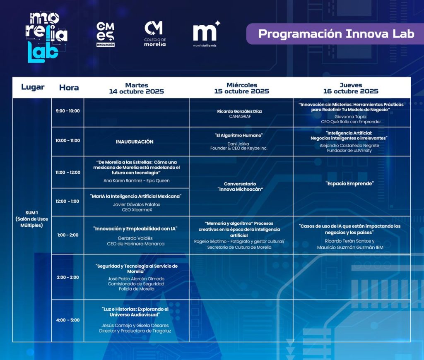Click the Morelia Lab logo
click(46, 37)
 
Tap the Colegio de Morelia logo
click(155, 34)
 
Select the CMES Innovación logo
click(106, 34)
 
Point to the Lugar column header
click(33, 87)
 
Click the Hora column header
click(69, 88)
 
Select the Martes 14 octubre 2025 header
click(137, 88)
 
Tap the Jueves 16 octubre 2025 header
click(351, 88)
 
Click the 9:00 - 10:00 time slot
click(67, 111)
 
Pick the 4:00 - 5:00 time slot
click(68, 320)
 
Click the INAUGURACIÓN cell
click(135, 142)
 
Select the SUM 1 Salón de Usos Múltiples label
click(31, 219)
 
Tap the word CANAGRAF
click(240, 117)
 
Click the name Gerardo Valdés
click(135, 238)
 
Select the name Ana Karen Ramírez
click(123, 180)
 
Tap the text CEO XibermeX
click(137, 210)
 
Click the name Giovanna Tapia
click(350, 117)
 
